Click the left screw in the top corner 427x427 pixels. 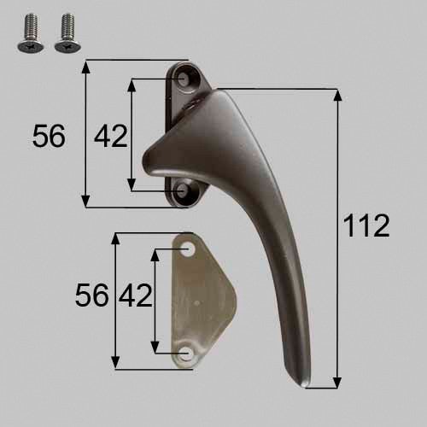coord(31,33)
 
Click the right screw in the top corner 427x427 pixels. coord(67,33)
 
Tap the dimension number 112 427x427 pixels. coord(366,225)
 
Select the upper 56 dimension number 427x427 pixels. coord(49,136)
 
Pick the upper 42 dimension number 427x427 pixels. coord(111,136)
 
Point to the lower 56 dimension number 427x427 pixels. coord(91,295)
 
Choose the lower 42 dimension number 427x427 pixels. coord(136,295)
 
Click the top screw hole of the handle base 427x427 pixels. coord(183,78)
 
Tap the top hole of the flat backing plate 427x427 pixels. coord(188,250)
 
